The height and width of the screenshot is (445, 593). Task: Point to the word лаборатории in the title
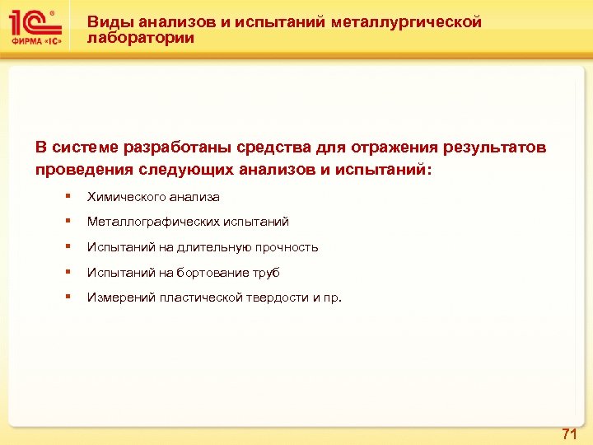click(141, 38)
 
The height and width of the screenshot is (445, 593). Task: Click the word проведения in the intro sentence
click(79, 170)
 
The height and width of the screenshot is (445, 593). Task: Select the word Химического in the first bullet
click(126, 197)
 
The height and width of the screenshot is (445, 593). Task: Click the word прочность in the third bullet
click(288, 247)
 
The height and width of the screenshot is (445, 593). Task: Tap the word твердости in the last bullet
click(277, 297)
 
